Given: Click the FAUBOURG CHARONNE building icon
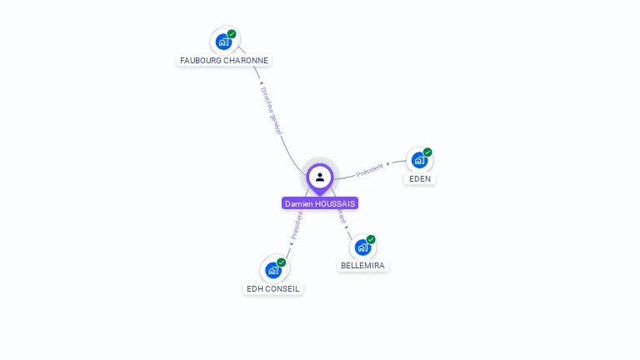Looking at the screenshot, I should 223,42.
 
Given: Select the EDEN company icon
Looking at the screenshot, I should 418,159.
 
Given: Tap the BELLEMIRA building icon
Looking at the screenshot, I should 362,247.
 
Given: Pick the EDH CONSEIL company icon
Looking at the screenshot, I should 272,270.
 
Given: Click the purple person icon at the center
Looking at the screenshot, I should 320,177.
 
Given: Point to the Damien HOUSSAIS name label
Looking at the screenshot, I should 320,203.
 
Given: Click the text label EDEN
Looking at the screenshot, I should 420,178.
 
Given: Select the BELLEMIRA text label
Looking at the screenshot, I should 363,266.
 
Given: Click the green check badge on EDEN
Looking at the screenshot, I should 427,152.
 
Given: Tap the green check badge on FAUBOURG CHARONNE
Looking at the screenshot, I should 232,34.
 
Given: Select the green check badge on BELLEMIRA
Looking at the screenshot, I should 371,239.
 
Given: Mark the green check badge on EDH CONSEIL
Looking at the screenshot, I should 282,262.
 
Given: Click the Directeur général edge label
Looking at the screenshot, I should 272,110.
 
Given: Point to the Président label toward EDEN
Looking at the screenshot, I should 370,169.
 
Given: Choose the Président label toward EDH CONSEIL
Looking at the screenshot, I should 297,225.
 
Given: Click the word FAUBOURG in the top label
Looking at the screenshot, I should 201,60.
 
